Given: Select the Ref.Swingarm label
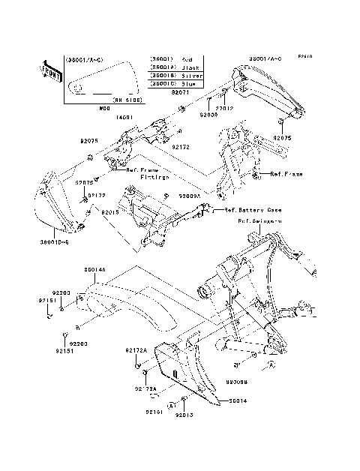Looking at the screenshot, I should [259, 221].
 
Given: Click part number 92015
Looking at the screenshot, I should [110, 212].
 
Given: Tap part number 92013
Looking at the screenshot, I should [184, 413].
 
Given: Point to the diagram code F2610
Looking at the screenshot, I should [303, 55].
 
